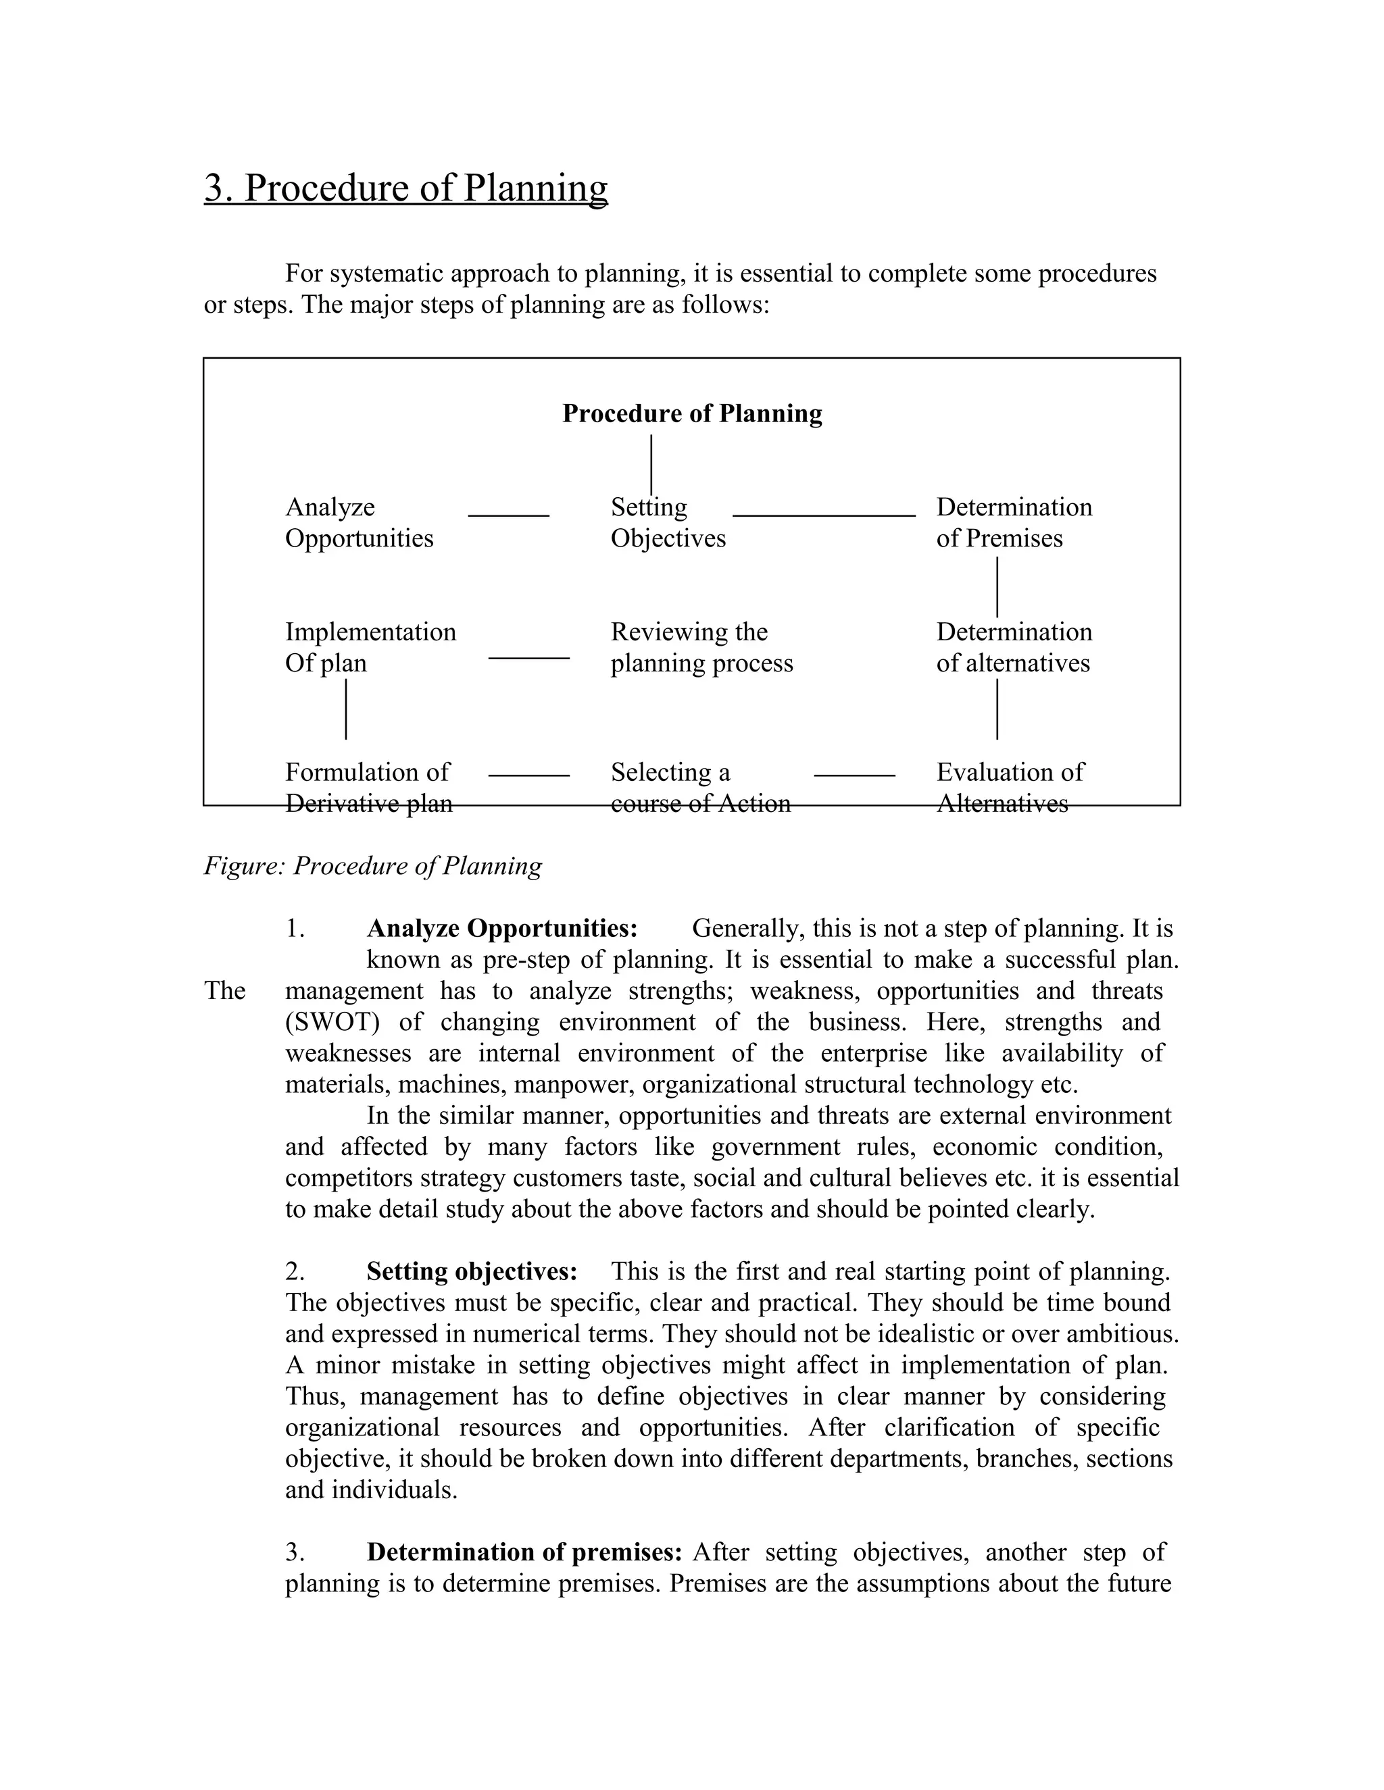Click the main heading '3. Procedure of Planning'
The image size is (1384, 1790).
[x=406, y=188]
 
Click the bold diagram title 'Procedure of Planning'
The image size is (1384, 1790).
[x=692, y=413]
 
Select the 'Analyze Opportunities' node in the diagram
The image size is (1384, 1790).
[x=359, y=522]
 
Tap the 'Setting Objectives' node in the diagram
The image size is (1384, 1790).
[x=668, y=522]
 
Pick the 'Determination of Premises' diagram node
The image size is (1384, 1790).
[x=1014, y=522]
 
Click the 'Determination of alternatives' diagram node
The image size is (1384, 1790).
[x=1014, y=648]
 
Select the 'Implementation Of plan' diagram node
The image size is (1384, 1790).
[x=370, y=648]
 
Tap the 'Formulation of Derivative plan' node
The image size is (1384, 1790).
[x=368, y=787]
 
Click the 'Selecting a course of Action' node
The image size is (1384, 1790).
[x=700, y=787]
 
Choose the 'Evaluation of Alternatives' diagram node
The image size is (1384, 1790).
[x=1010, y=787]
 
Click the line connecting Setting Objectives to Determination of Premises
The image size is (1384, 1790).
[x=823, y=515]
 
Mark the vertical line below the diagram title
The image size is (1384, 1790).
[x=651, y=464]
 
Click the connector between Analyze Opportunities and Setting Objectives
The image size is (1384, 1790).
[x=508, y=515]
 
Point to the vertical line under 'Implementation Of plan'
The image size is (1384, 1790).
[x=346, y=709]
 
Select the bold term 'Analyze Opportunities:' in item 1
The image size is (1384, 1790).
[x=502, y=929]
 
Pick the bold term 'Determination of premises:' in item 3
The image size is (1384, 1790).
[x=524, y=1552]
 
